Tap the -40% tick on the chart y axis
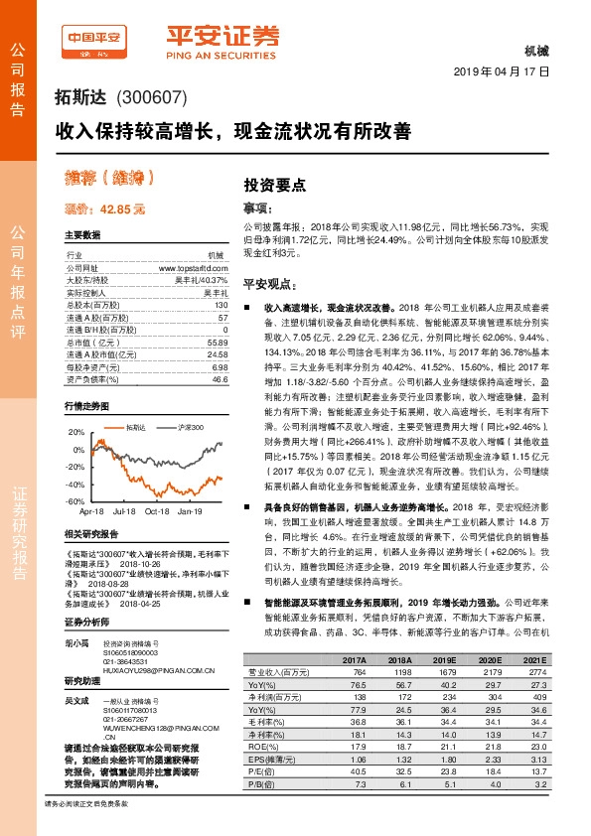75,485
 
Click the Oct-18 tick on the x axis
157,511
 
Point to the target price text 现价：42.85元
104,209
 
